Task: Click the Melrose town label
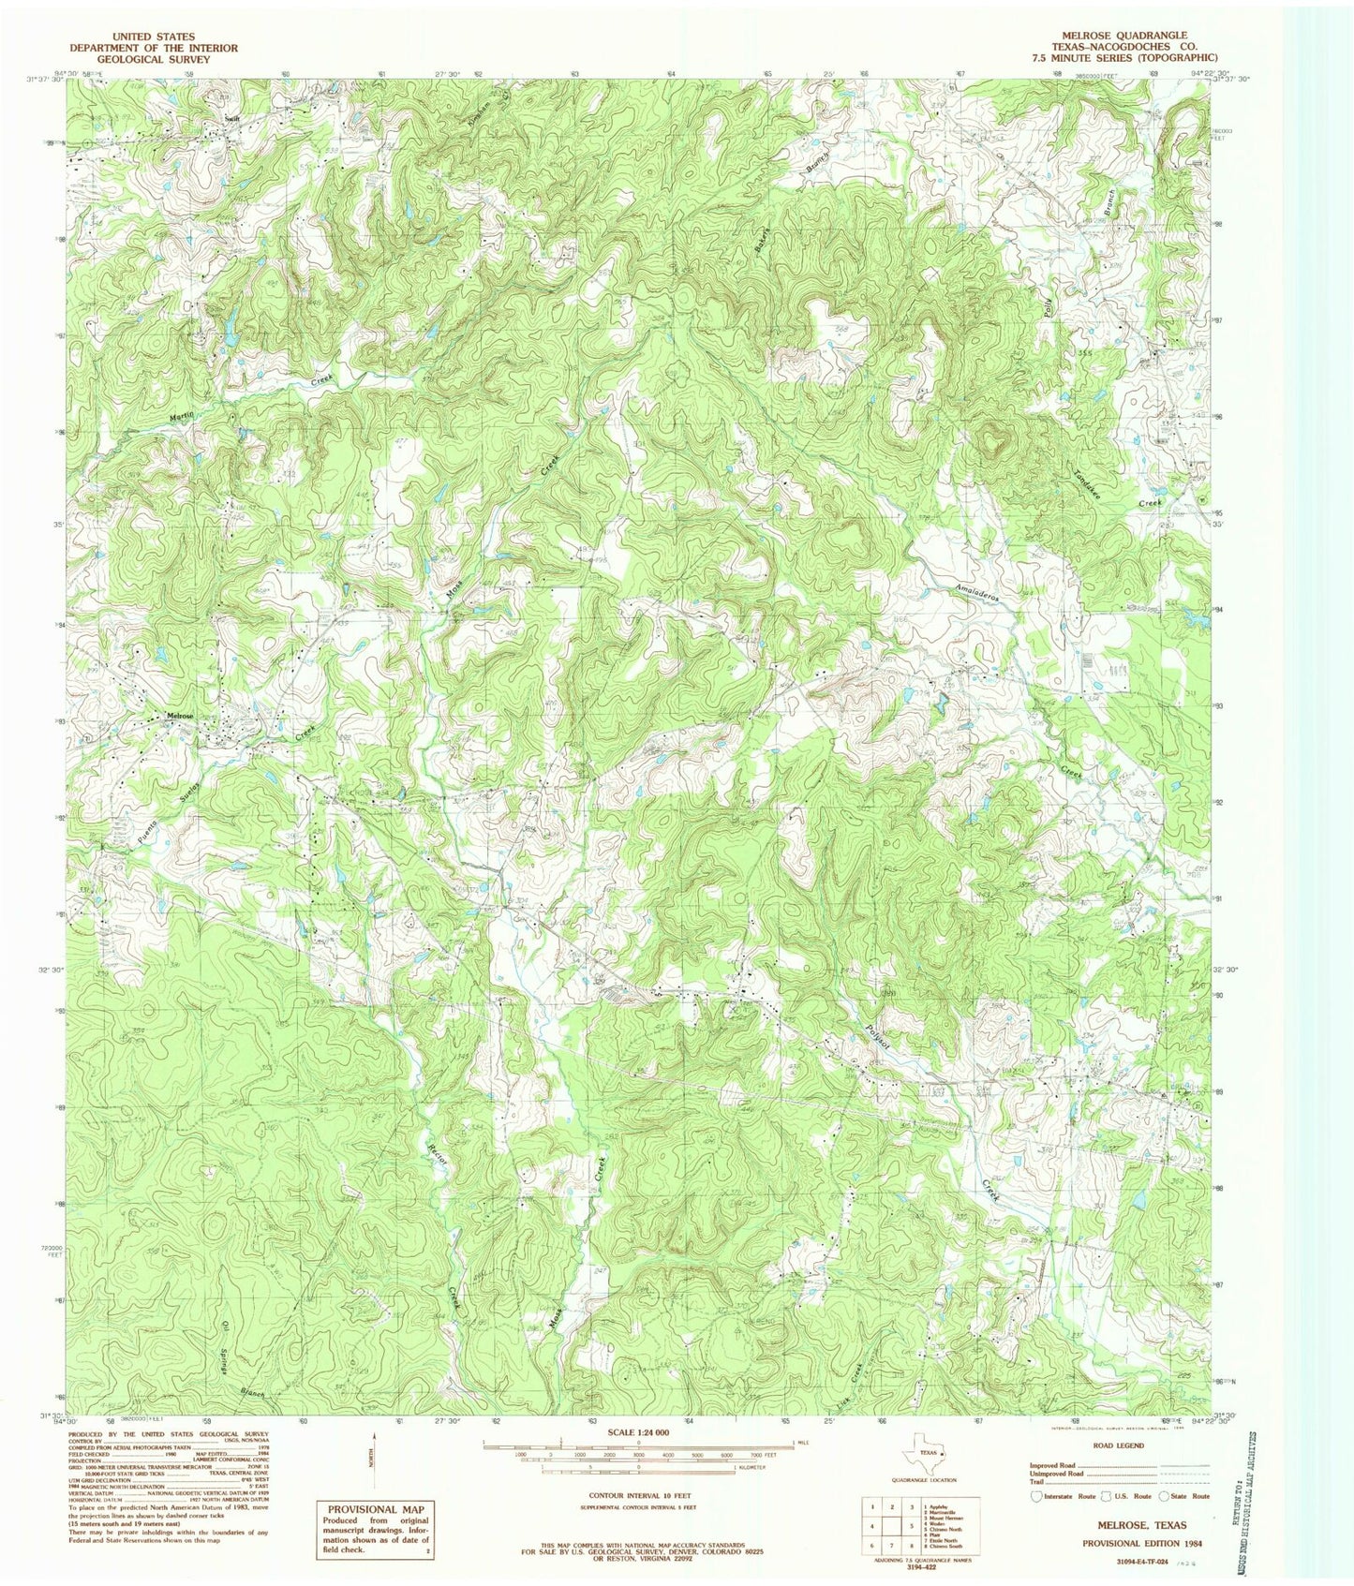179,716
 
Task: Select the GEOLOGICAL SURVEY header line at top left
156,59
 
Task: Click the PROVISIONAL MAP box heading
373,1509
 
